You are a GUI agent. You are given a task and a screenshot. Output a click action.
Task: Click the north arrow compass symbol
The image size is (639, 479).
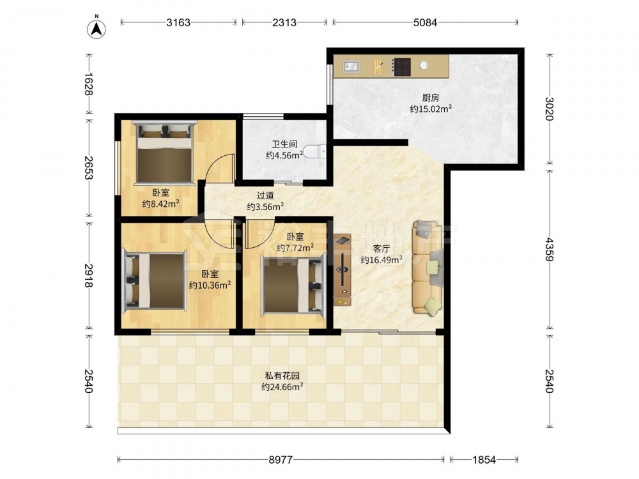click(96, 29)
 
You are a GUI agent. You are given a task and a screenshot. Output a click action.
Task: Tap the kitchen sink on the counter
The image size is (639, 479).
click(351, 66)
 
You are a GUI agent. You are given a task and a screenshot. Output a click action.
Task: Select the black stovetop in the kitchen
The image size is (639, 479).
click(401, 67)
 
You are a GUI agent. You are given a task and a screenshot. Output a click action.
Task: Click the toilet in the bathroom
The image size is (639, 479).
click(316, 151)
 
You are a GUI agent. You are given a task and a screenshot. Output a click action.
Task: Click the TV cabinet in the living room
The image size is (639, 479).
click(343, 270)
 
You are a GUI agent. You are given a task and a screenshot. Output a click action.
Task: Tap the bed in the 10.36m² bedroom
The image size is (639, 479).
click(155, 280)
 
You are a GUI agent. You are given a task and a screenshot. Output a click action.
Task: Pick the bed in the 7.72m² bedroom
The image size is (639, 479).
click(294, 284)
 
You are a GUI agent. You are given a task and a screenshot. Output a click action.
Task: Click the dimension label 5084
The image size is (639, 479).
click(425, 22)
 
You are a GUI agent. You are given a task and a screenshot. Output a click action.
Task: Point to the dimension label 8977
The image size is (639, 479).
click(281, 460)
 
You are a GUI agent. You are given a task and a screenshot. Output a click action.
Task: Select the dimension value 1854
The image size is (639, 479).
click(484, 460)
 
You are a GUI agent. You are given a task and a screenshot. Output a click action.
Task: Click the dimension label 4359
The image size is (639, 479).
click(550, 249)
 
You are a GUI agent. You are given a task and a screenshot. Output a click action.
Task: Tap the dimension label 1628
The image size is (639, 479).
click(88, 84)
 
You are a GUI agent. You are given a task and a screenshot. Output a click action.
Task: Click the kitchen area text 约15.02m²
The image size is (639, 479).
click(430, 109)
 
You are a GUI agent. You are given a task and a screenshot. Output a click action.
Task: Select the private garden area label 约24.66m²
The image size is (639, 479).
click(282, 386)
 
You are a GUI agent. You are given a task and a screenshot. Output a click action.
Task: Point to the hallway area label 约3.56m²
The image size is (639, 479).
click(265, 206)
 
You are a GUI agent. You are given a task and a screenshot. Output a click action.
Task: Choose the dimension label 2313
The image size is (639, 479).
click(284, 22)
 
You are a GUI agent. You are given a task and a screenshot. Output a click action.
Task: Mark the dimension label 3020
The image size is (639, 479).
click(550, 109)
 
